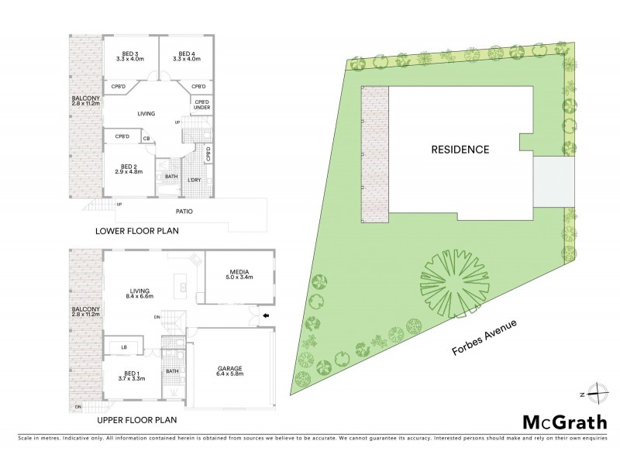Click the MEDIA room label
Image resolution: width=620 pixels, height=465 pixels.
239,272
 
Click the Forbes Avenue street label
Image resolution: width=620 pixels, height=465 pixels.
486,338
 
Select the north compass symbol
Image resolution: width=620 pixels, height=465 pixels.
594,393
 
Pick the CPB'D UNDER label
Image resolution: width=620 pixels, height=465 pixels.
201,106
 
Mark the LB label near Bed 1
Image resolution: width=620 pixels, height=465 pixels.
124,346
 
